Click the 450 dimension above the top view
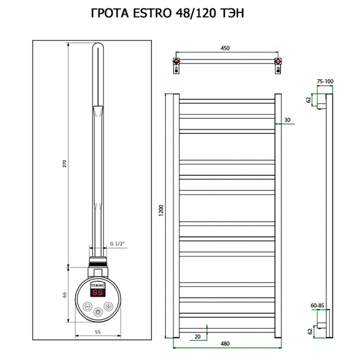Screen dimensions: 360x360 pos(226,48)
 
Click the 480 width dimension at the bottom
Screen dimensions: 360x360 pos(225,344)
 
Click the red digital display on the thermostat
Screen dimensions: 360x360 pos(98,293)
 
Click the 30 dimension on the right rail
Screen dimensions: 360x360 pos(287,120)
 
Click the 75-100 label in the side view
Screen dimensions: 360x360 pos(325,80)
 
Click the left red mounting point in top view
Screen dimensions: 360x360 pos(176,62)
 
